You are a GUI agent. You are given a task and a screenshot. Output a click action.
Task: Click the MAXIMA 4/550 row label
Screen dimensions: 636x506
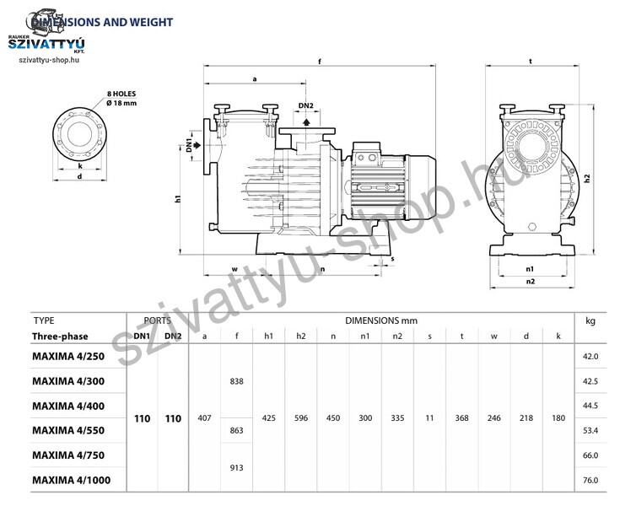68,431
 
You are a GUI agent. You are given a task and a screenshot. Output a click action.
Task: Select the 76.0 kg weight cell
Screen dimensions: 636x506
590,480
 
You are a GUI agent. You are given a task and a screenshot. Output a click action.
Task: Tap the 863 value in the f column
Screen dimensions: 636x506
236,430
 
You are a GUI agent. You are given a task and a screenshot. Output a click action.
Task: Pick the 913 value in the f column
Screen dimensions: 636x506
236,467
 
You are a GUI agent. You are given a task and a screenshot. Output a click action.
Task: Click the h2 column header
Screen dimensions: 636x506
300,336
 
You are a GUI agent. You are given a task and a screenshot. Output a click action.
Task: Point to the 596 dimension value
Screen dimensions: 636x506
301,418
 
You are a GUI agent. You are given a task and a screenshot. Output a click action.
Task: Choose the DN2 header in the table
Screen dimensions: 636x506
173,336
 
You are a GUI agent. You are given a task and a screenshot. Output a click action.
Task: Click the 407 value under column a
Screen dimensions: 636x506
204,418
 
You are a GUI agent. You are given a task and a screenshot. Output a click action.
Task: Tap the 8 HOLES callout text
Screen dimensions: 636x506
121,94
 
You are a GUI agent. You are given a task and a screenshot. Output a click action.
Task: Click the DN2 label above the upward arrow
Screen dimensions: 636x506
306,105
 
